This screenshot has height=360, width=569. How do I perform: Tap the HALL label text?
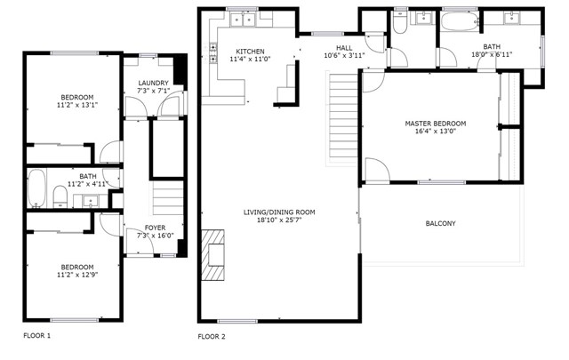pyautogui.click(x=344, y=47)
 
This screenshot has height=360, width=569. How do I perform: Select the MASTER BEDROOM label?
pyautogui.click(x=436, y=124)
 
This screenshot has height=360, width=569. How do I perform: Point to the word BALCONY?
pyautogui.click(x=441, y=223)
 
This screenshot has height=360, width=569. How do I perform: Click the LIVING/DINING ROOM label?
pyautogui.click(x=279, y=212)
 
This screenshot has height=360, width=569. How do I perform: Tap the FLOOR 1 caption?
pyautogui.click(x=36, y=336)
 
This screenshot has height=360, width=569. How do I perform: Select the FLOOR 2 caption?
pyautogui.click(x=212, y=337)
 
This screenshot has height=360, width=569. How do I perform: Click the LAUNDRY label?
pyautogui.click(x=154, y=83)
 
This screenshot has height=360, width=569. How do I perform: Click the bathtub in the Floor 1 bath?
pyautogui.click(x=37, y=188)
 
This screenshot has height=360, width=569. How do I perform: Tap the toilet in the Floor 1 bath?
pyautogui.click(x=59, y=195)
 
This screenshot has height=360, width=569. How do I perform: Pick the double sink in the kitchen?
pyautogui.click(x=242, y=19)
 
